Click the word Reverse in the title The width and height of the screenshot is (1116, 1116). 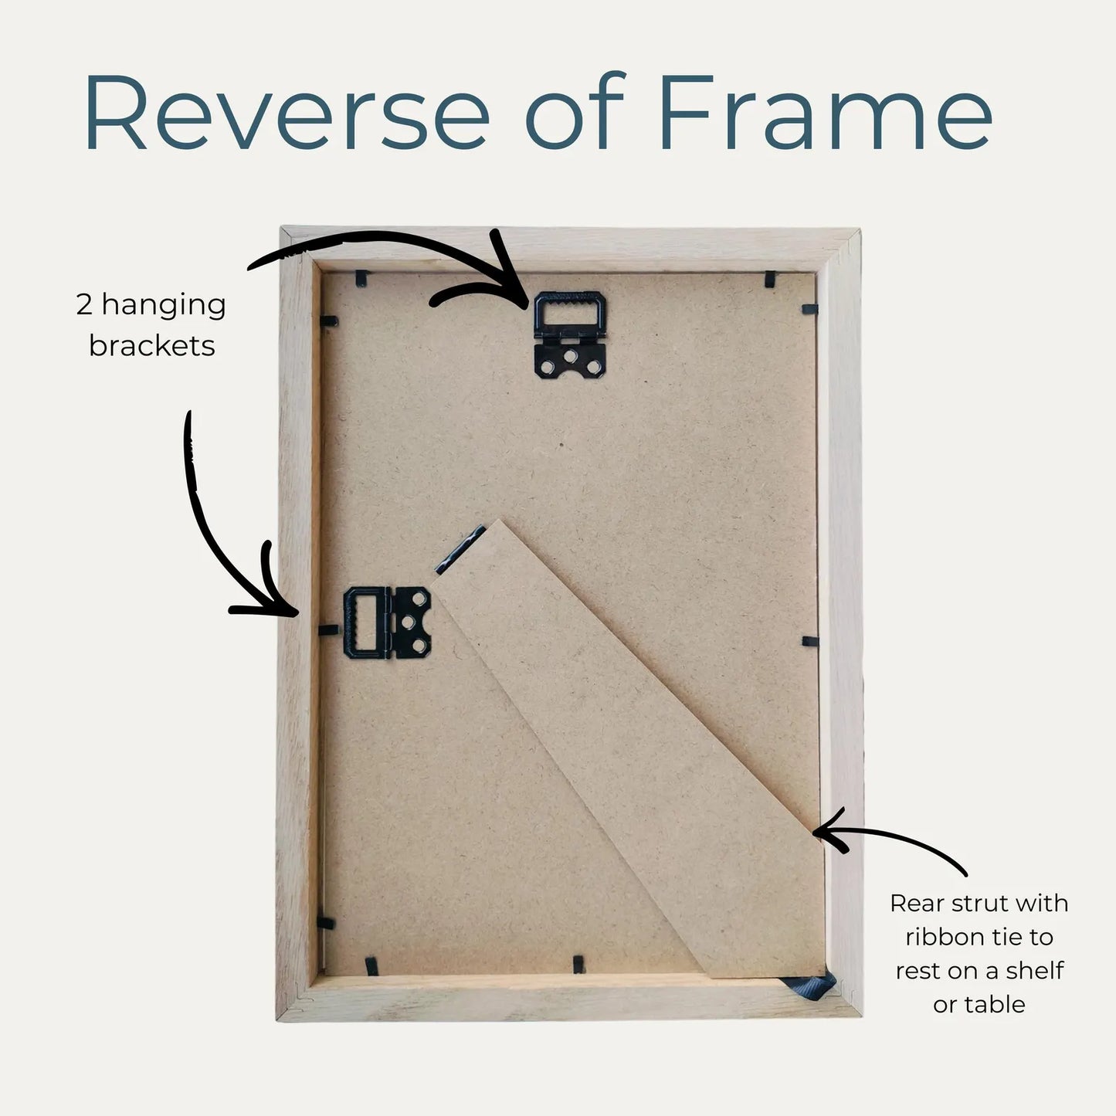[287, 112]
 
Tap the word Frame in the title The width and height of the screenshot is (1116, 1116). [825, 112]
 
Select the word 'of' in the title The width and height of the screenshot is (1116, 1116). [575, 110]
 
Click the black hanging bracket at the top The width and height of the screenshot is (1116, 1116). [569, 334]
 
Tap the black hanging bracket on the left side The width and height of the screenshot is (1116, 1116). [387, 622]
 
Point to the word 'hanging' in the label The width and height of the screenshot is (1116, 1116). [164, 305]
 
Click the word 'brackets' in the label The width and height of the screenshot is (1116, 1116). [151, 346]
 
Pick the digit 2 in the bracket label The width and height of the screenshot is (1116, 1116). [84, 304]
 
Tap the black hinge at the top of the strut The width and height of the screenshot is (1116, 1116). [460, 549]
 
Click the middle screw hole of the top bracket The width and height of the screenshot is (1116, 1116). [571, 355]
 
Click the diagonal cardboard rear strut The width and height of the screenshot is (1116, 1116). [631, 753]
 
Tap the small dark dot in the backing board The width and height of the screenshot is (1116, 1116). [561, 445]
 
